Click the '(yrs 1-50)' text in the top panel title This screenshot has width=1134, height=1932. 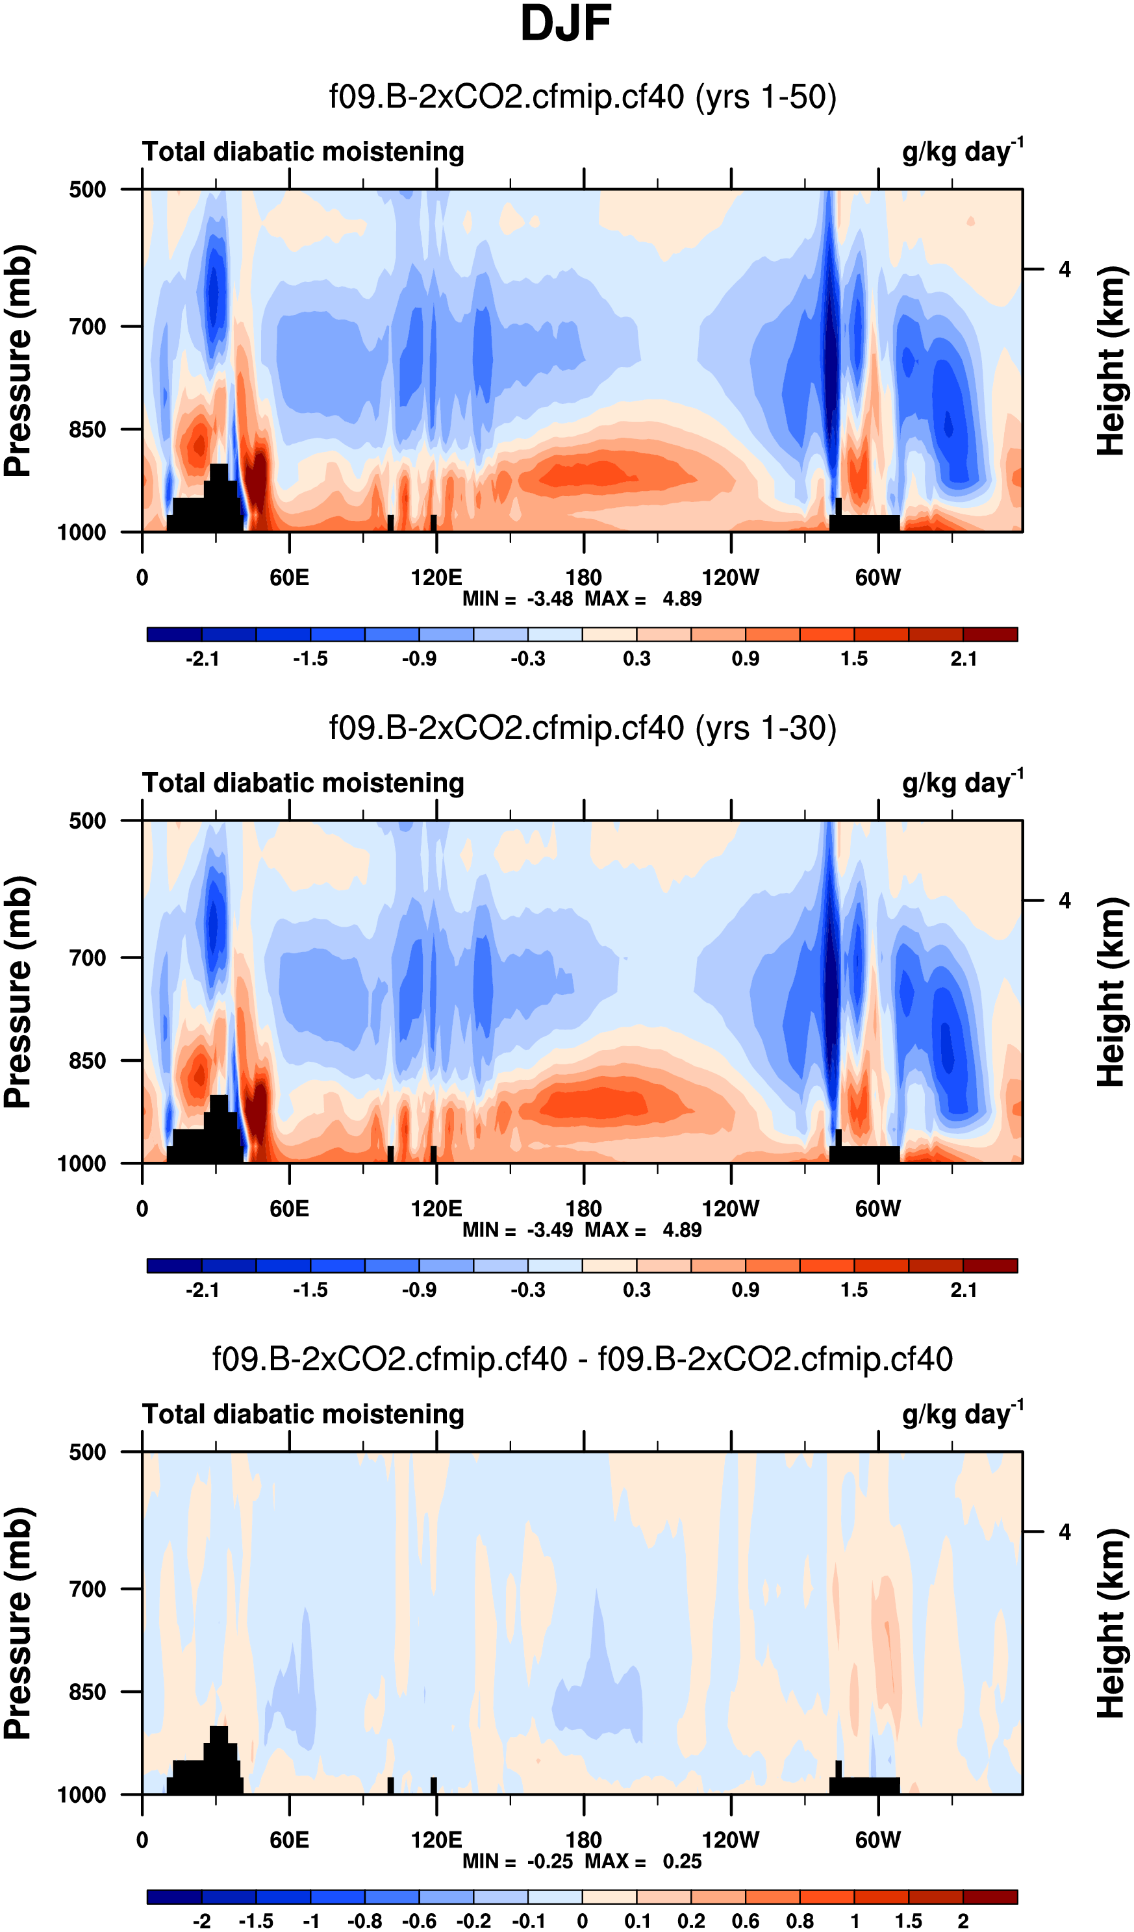click(x=765, y=97)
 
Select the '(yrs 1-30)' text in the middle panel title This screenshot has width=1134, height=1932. click(x=765, y=729)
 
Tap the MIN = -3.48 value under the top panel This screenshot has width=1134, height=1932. click(x=518, y=599)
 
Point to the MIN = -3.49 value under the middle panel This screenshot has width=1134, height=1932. click(x=518, y=1230)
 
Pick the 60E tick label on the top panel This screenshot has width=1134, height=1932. click(x=289, y=577)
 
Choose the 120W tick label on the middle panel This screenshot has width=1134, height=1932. click(x=731, y=1209)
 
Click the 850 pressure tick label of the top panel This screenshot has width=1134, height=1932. click(x=88, y=430)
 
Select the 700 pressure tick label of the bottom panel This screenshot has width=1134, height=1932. click(x=88, y=1589)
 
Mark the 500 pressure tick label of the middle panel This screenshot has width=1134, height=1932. click(x=88, y=821)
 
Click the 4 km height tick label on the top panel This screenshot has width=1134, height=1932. click(x=1065, y=270)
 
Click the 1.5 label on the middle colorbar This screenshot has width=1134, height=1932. click(x=854, y=1290)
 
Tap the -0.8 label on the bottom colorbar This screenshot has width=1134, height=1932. click(x=365, y=1920)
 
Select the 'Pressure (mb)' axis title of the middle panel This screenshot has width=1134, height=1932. click(x=18, y=992)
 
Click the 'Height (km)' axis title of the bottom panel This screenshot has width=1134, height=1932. click(x=1112, y=1623)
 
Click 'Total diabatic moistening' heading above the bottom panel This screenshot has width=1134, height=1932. click(x=303, y=1414)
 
